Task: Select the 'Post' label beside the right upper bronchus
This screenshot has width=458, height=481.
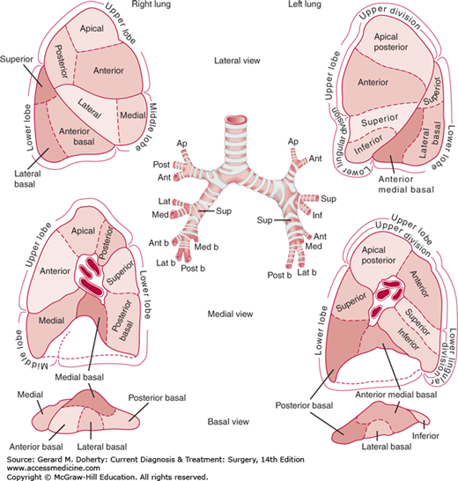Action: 163,164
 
